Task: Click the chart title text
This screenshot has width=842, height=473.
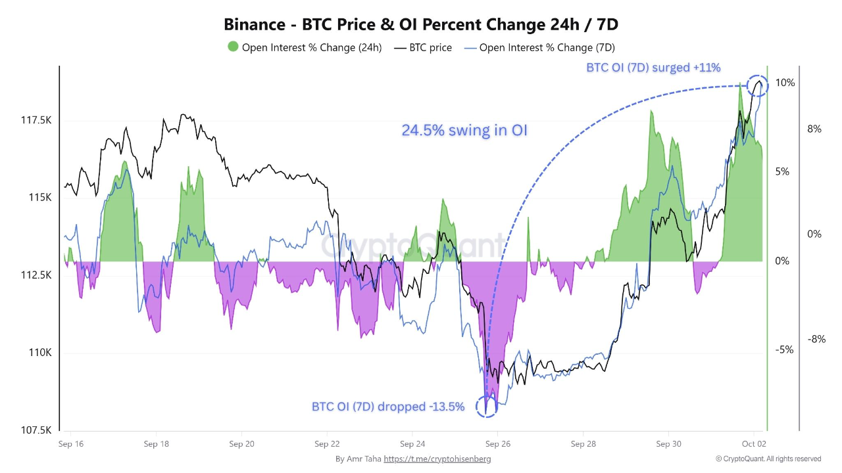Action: point(421,25)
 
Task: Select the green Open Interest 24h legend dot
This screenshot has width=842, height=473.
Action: point(233,47)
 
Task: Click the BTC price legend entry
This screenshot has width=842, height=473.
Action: point(422,47)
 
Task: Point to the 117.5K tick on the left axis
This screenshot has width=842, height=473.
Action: point(37,120)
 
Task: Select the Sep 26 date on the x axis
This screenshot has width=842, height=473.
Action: point(497,443)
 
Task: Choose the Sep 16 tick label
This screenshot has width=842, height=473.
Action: point(71,443)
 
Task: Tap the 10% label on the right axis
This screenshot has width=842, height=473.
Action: point(785,83)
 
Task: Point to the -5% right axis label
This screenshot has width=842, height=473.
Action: point(784,349)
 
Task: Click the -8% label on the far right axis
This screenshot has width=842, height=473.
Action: point(816,339)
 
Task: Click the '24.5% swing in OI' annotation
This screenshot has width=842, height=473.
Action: point(464,131)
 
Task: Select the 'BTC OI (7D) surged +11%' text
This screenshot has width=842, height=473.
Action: point(653,67)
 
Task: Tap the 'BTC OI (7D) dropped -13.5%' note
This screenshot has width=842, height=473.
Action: point(388,407)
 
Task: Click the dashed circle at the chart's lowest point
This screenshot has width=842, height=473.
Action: point(487,405)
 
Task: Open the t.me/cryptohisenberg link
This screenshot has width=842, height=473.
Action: point(437,459)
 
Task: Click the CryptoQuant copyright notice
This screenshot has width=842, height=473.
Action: point(768,459)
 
